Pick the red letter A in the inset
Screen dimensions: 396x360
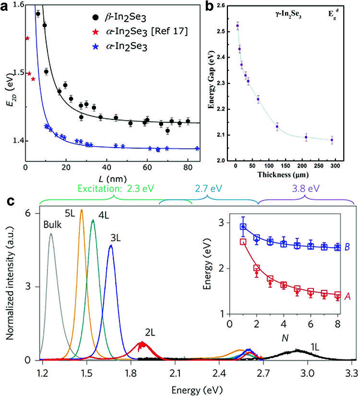347,295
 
